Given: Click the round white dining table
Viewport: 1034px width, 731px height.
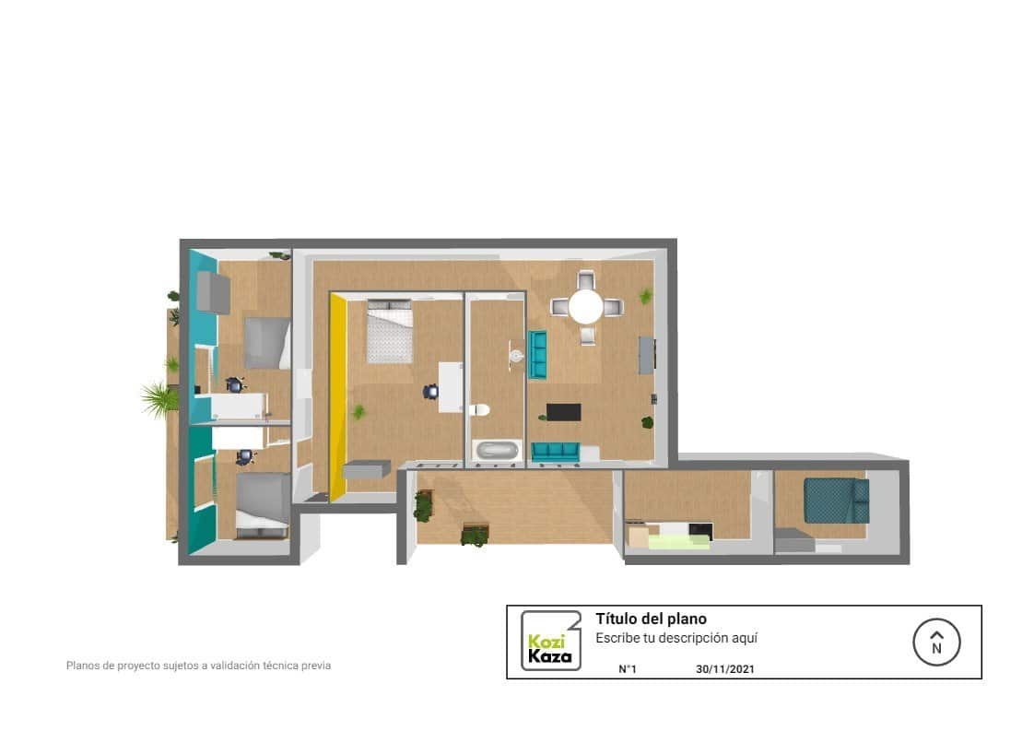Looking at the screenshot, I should (x=585, y=307).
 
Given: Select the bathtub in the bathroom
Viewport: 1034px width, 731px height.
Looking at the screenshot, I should (x=496, y=451).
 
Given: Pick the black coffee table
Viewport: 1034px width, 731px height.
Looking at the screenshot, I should (x=563, y=412).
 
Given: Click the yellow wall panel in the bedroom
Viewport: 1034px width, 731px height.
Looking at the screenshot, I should (x=338, y=396).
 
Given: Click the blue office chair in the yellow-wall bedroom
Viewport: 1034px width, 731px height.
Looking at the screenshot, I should (x=430, y=392).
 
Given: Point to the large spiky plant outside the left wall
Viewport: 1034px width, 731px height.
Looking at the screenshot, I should (x=160, y=399).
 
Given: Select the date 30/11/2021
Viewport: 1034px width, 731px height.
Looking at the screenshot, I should (x=725, y=670).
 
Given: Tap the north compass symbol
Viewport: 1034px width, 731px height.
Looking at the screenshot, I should (x=936, y=642).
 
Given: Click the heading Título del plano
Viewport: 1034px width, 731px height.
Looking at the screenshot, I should (x=651, y=619).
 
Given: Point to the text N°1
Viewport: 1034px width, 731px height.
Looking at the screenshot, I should (x=627, y=670).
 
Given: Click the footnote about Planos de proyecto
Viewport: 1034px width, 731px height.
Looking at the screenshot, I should (x=198, y=665).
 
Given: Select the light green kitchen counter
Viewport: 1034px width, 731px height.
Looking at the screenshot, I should (x=678, y=542).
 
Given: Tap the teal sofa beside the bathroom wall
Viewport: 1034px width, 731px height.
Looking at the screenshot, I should (x=537, y=355).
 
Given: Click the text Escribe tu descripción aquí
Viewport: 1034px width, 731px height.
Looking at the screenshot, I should (x=676, y=638).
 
